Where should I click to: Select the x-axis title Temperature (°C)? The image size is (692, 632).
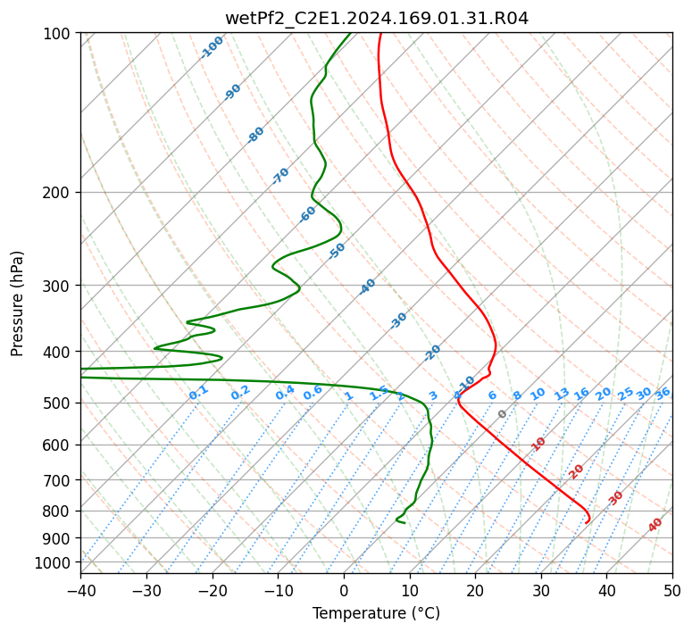tap(376, 614)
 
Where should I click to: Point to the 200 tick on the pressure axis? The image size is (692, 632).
tap(59, 192)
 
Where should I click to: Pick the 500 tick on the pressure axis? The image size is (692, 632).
tap(59, 403)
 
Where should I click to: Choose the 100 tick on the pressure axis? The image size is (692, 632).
tap(59, 33)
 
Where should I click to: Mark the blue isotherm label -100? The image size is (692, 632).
tap(212, 47)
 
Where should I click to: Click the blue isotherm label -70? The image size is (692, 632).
tap(280, 176)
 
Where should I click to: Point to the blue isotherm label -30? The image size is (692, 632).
tap(398, 320)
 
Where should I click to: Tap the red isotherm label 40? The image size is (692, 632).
tap(655, 525)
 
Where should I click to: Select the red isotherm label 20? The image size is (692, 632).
tap(577, 470)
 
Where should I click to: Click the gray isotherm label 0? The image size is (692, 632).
tap(503, 414)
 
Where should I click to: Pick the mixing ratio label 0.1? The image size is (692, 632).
tap(198, 393)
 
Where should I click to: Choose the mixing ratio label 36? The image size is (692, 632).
tap(663, 393)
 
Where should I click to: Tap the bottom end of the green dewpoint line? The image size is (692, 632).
tap(404, 523)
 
